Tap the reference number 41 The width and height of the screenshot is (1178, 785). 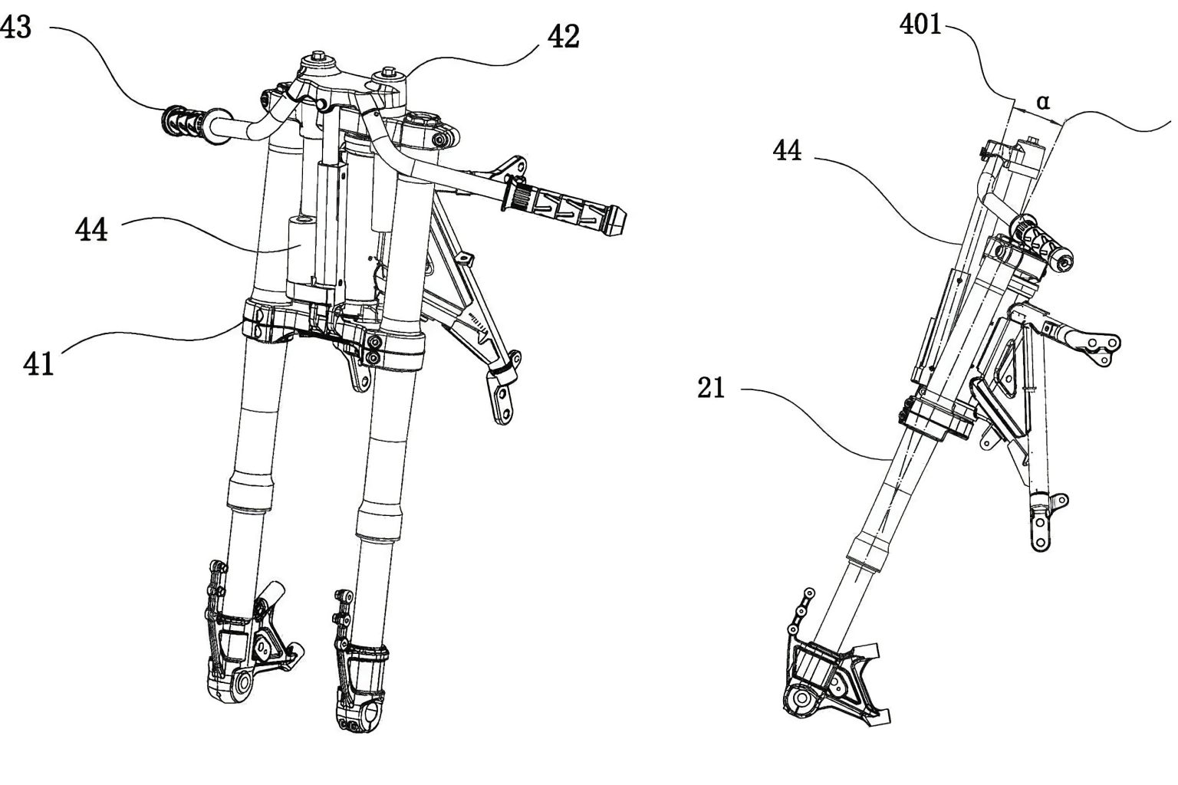point(38,363)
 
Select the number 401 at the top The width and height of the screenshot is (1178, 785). point(920,25)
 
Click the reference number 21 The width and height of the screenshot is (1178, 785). point(711,389)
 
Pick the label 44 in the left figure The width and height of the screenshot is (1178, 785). point(91,229)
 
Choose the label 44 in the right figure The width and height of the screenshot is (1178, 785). point(788,151)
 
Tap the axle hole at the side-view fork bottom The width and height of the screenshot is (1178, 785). point(801,699)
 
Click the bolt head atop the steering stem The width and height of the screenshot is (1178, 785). point(317,59)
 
